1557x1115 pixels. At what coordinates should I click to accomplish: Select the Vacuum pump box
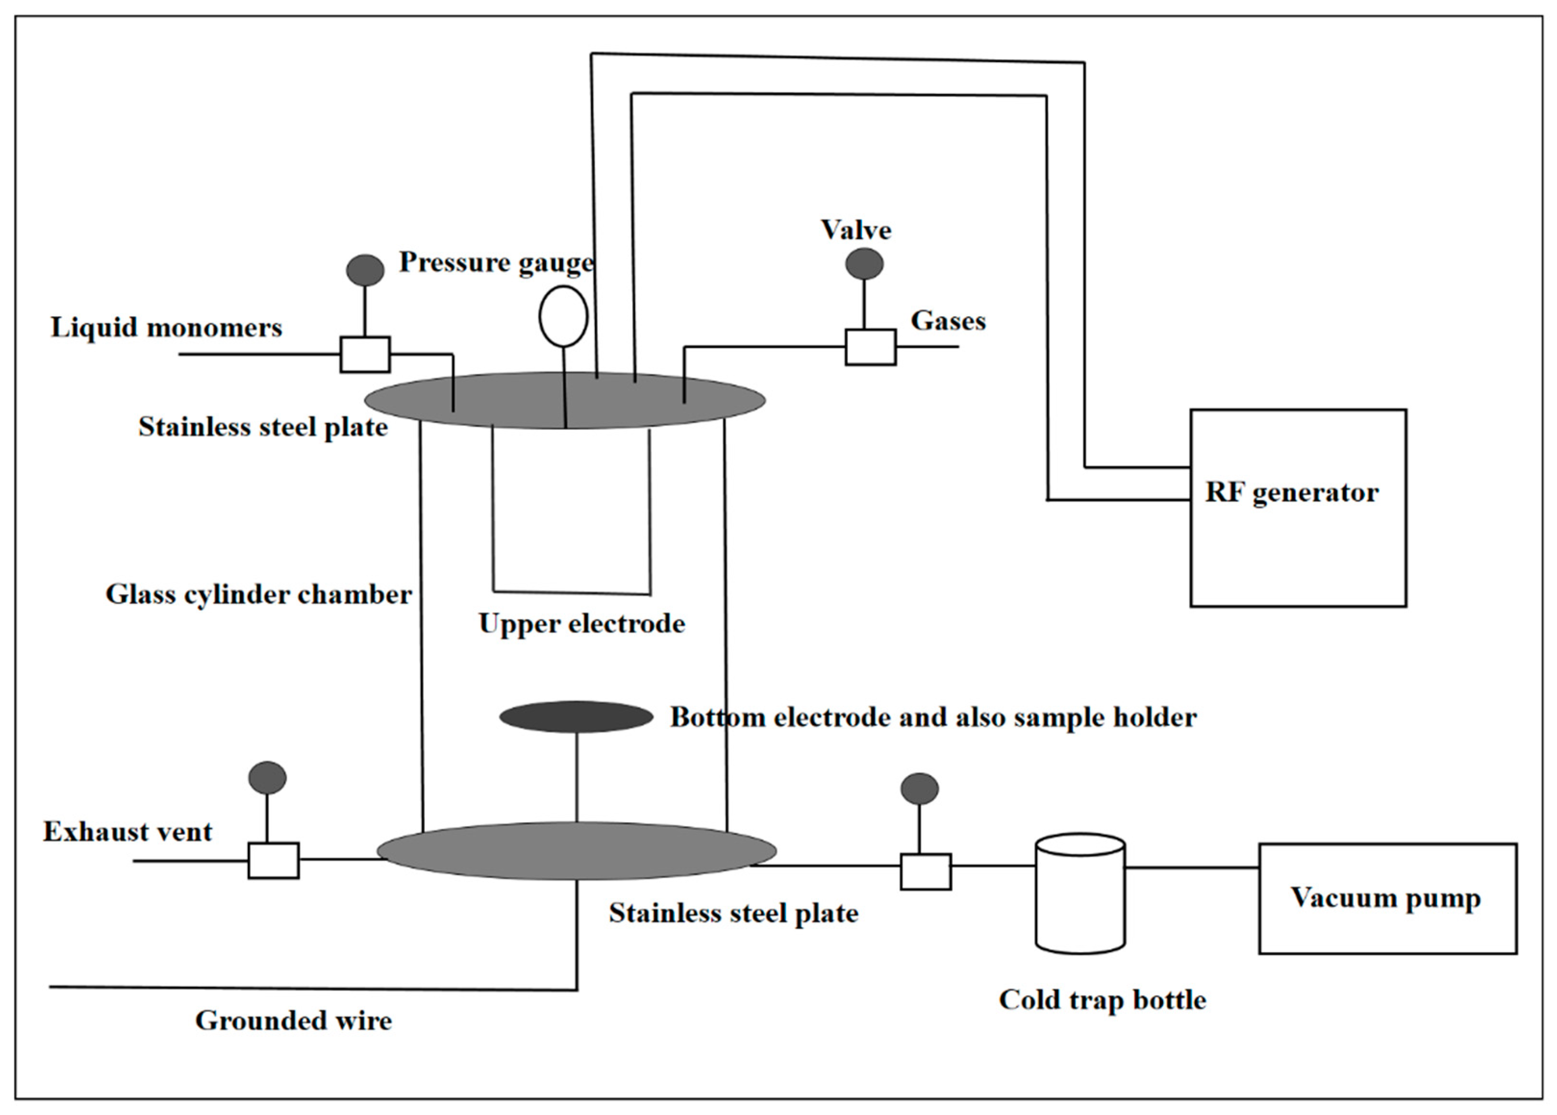1387,898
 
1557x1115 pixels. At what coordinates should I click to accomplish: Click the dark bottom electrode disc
576,717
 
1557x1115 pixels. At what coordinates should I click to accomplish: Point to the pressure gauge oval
563,316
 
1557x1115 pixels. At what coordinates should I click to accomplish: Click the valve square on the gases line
870,347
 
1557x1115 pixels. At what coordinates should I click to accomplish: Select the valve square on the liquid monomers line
365,355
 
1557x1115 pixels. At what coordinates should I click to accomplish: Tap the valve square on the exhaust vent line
273,860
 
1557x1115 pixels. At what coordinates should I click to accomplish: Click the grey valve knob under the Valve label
864,264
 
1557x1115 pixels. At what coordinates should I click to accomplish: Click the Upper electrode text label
581,623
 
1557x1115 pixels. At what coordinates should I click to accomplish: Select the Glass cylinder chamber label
259,594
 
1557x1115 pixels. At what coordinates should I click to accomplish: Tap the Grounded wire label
293,1020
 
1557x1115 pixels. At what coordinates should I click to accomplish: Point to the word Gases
947,321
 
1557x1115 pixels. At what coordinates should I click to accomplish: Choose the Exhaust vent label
128,832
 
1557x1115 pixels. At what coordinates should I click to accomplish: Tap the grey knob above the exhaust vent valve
267,778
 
